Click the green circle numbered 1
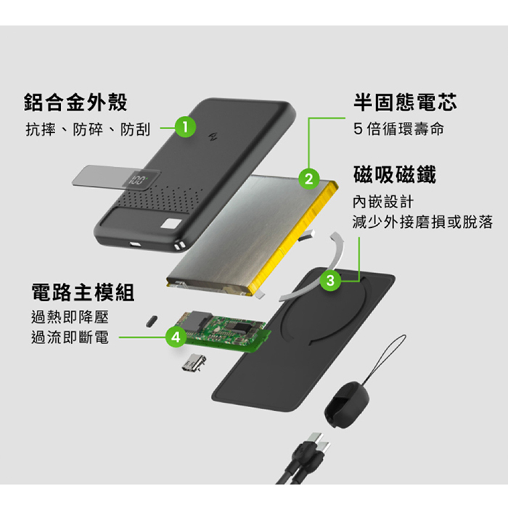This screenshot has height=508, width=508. click(x=186, y=128)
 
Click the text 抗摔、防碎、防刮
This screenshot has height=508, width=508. click(x=88, y=130)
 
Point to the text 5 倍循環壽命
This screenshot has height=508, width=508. click(x=398, y=130)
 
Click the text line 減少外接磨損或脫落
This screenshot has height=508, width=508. click(x=422, y=222)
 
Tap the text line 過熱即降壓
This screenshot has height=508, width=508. click(x=70, y=317)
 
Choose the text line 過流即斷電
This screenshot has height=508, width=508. click(x=70, y=337)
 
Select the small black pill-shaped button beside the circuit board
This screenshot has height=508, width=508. click(x=152, y=320)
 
